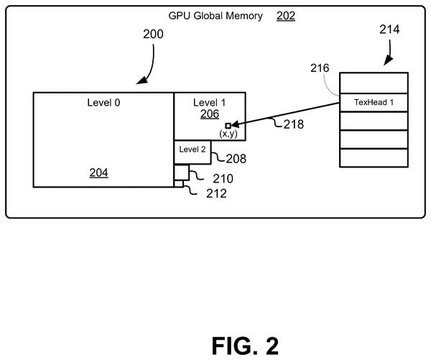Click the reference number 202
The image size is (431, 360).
point(286,16)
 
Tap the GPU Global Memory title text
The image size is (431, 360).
point(215,16)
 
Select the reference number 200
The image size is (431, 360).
point(153,34)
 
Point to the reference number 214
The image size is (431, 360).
point(389,29)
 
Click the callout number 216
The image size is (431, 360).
point(320,68)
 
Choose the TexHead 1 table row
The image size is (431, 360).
point(374,102)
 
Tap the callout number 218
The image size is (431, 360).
point(294,124)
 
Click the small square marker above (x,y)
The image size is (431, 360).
point(228,126)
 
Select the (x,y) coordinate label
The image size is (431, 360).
point(228,134)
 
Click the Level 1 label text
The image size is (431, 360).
point(209,103)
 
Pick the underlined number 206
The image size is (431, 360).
point(210,114)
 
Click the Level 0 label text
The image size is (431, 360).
point(103,103)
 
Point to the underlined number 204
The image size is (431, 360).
point(98,172)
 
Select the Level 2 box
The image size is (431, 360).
point(193,152)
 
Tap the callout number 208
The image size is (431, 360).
point(236,159)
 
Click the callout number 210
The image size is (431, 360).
point(223,179)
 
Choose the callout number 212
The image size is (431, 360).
point(217,193)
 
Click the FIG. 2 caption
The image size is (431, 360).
point(245,346)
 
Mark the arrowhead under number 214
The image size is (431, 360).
point(388,60)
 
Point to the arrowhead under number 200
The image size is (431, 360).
point(142,80)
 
